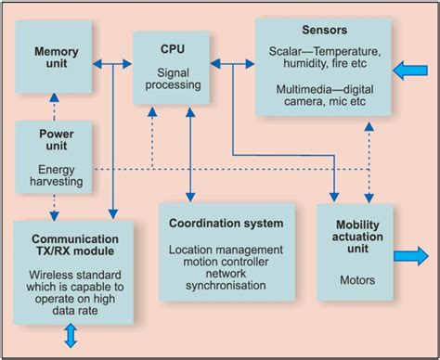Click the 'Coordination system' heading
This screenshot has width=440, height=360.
click(x=226, y=224)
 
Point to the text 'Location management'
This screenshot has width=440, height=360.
click(x=226, y=250)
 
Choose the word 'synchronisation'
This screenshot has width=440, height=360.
click(x=226, y=287)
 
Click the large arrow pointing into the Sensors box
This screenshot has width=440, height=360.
click(x=409, y=69)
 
